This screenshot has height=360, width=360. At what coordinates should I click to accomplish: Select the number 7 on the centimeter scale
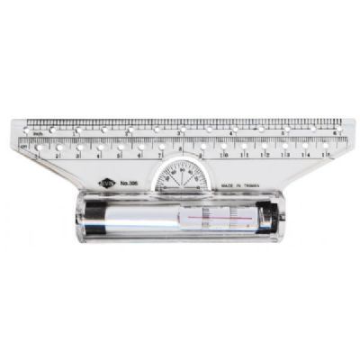[x=160, y=155]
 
